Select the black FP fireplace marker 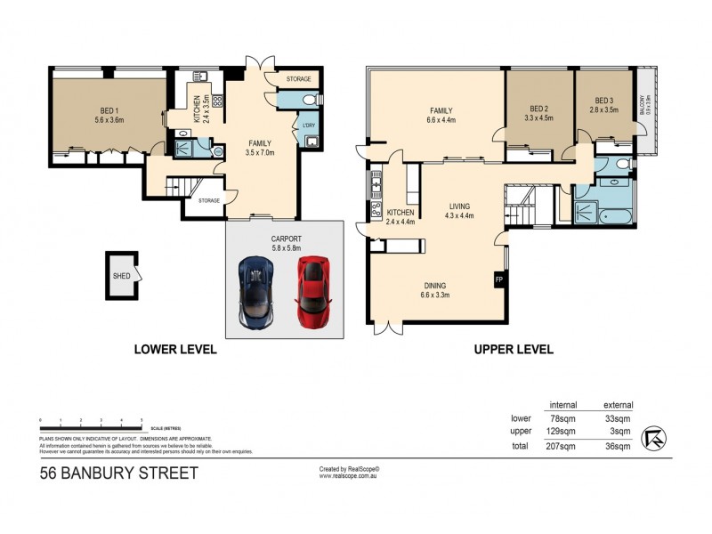[x=498, y=279]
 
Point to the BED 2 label [x=536, y=112]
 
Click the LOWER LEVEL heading [x=175, y=350]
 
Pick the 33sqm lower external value [x=619, y=417]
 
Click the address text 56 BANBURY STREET [x=118, y=473]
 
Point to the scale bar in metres [x=92, y=420]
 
